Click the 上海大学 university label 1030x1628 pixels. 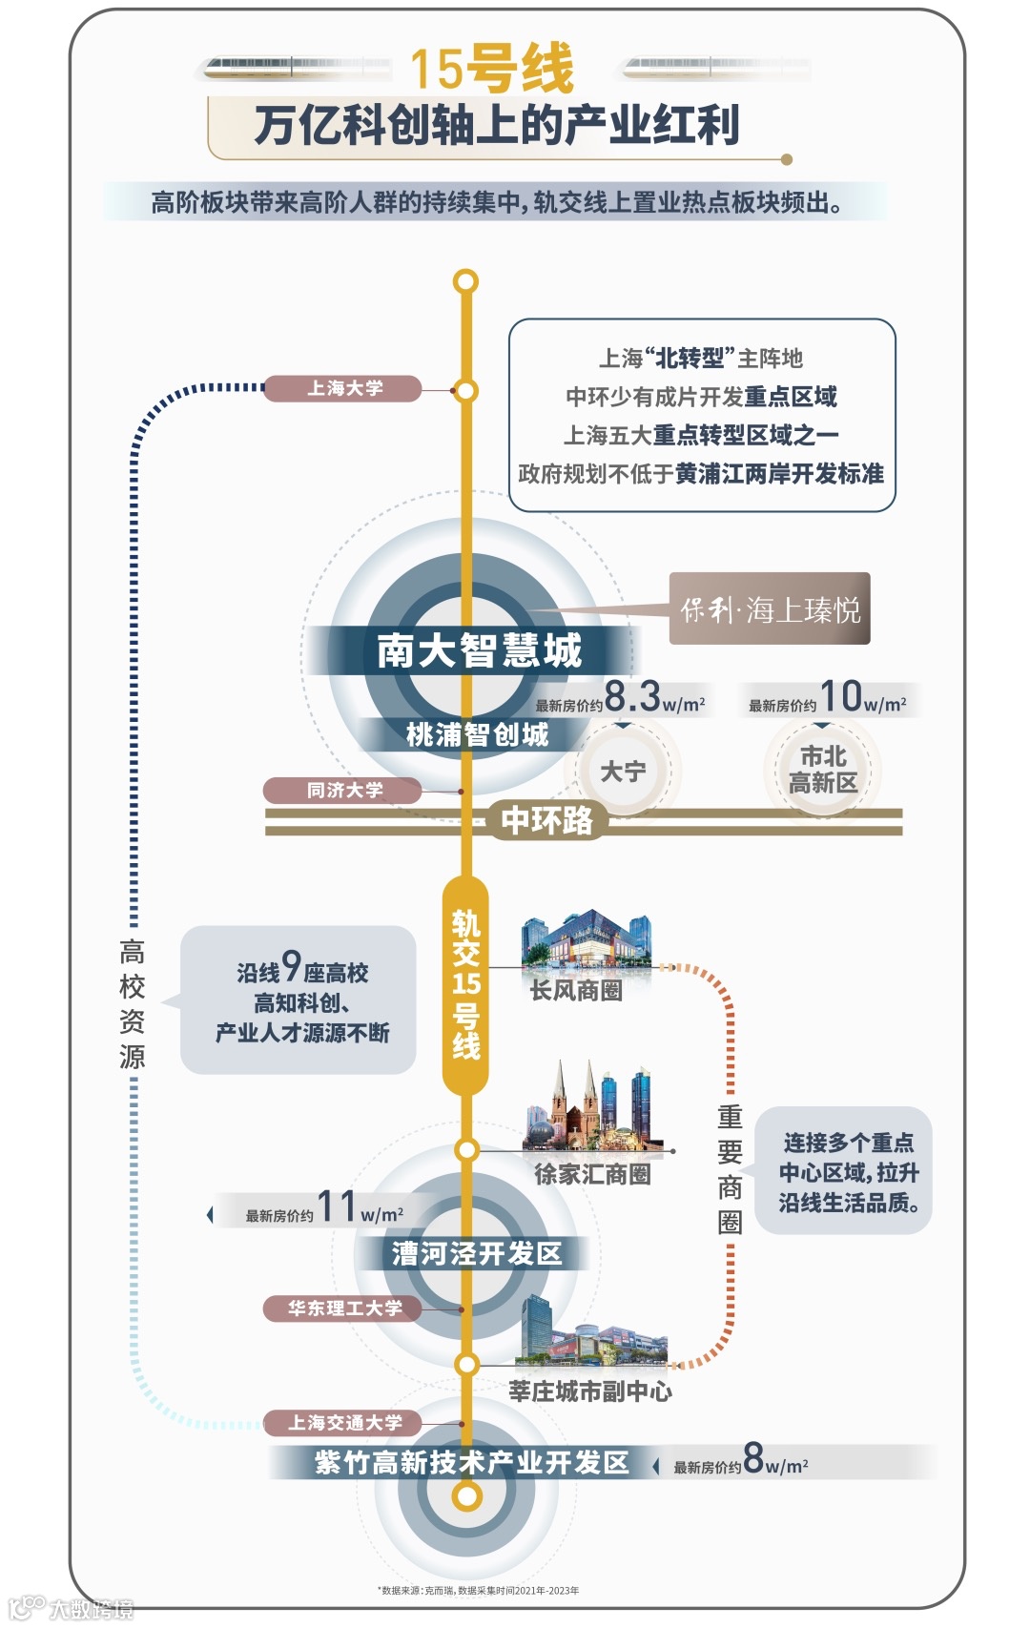click(x=343, y=388)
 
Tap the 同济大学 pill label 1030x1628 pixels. click(x=343, y=790)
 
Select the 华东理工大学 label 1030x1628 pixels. click(x=343, y=1308)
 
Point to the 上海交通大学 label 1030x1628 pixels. click(x=343, y=1422)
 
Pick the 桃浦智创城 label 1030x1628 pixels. click(x=477, y=734)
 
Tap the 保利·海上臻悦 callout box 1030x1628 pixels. click(x=770, y=608)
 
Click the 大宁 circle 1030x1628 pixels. click(x=623, y=771)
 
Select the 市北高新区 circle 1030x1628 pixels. click(x=822, y=770)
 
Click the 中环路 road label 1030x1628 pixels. click(x=546, y=819)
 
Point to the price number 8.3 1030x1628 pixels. click(x=632, y=696)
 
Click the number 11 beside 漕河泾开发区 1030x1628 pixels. click(x=336, y=1206)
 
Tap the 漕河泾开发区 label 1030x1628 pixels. click(x=477, y=1253)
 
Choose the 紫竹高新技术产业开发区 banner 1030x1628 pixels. click(x=471, y=1462)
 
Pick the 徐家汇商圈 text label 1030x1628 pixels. click(x=592, y=1174)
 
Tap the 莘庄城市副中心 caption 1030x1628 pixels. click(x=590, y=1391)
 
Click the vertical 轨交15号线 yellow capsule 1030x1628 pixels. click(x=465, y=985)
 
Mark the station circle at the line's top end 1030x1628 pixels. click(x=465, y=281)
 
